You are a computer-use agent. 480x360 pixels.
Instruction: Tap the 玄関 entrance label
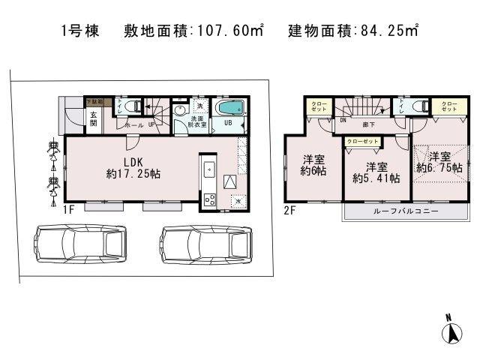(x=94, y=120)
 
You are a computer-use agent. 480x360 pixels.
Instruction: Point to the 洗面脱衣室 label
(x=198, y=121)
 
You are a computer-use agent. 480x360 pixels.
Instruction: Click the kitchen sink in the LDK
(x=209, y=166)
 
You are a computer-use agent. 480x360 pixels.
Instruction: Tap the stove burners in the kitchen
(x=209, y=199)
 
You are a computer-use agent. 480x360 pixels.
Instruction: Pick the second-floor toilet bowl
(x=419, y=106)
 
